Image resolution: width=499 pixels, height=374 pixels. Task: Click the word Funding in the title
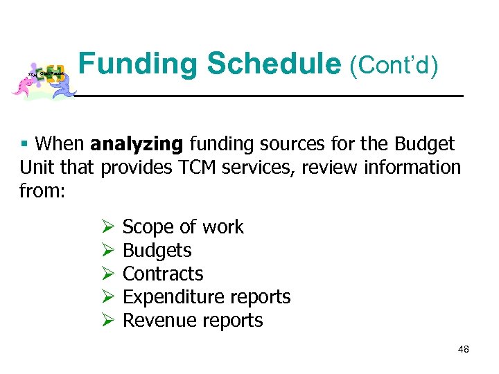pos(139,64)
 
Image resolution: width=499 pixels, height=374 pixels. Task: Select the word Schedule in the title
pos(274,64)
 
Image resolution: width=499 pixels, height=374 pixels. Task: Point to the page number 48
pos(464,349)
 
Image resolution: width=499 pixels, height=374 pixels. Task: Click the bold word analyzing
pos(137,144)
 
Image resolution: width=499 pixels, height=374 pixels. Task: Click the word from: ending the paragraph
pos(42,190)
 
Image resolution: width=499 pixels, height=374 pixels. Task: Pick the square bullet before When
pos(24,144)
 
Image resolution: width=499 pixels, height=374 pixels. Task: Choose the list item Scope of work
pos(183,227)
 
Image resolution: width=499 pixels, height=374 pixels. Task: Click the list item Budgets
pos(157,250)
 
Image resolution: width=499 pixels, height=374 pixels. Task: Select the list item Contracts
pos(163,274)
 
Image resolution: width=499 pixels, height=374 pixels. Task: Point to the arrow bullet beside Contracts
pos(107,274)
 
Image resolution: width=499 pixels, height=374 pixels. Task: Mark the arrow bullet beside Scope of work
pos(107,227)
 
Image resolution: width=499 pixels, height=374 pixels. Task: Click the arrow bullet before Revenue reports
pos(107,321)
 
